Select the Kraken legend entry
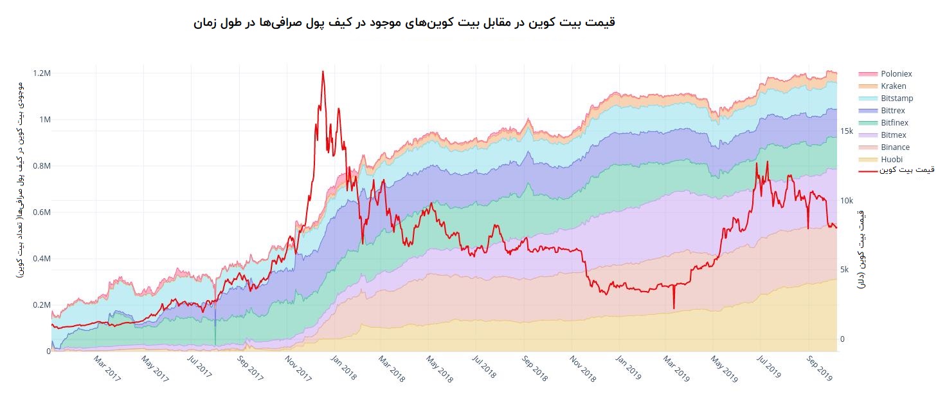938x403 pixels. click(894, 86)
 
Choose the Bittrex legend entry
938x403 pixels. click(893, 111)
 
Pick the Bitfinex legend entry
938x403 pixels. click(894, 123)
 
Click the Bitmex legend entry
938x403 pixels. click(894, 135)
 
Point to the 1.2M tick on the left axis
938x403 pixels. click(41, 73)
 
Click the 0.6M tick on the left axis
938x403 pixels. click(41, 212)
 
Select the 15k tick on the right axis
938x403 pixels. click(847, 131)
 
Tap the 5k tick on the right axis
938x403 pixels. click(847, 270)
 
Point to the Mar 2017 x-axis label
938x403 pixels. click(107, 369)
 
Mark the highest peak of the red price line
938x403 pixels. click(323, 71)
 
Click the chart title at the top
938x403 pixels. click(404, 23)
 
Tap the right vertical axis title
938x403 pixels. click(861, 248)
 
